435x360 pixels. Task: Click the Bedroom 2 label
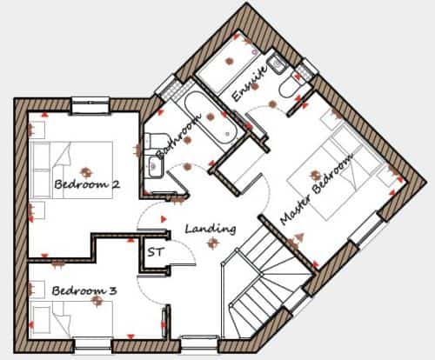tap(87, 184)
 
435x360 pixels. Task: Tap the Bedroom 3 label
tap(84, 290)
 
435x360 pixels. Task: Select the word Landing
tap(211, 229)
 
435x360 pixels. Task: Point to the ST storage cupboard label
tap(156, 252)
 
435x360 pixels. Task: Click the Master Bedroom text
tap(317, 189)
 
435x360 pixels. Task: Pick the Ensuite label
tap(250, 83)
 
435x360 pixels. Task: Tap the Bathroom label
tap(178, 136)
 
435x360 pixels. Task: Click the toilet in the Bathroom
tap(156, 141)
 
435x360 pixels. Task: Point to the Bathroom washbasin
tap(155, 166)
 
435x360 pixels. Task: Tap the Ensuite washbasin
tap(278, 63)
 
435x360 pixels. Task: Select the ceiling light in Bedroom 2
tap(85, 172)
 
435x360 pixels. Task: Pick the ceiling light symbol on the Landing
tap(213, 243)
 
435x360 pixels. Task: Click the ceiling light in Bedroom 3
tap(97, 301)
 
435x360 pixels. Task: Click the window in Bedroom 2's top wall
tap(90, 105)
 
